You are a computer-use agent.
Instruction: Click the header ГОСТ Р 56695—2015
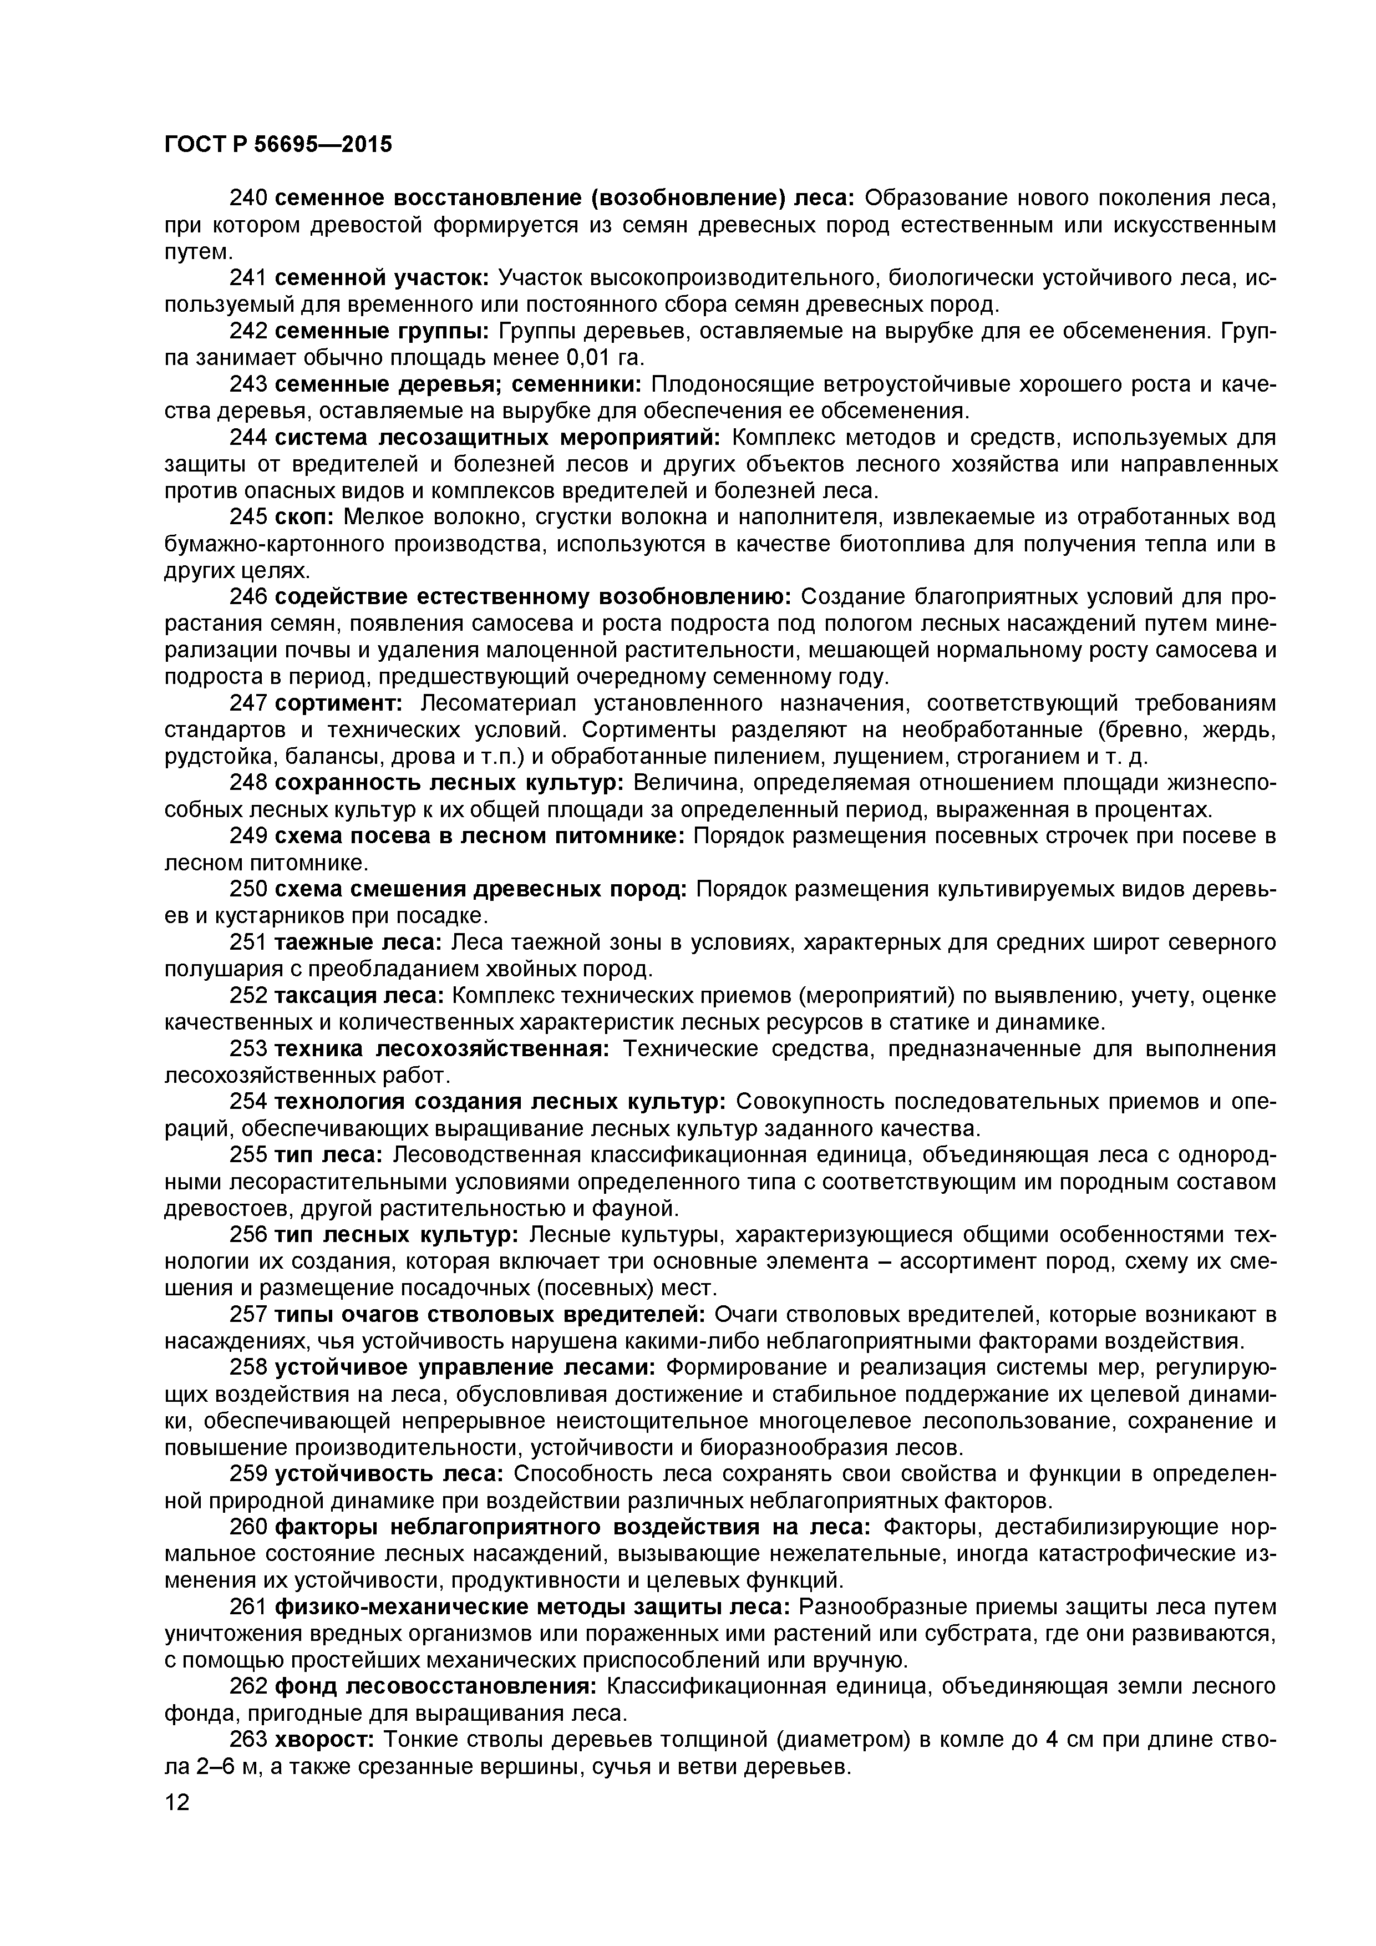tap(278, 145)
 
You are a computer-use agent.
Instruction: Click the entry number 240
tap(249, 199)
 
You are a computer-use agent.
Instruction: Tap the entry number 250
tap(249, 889)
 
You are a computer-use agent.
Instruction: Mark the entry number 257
tap(249, 1315)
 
